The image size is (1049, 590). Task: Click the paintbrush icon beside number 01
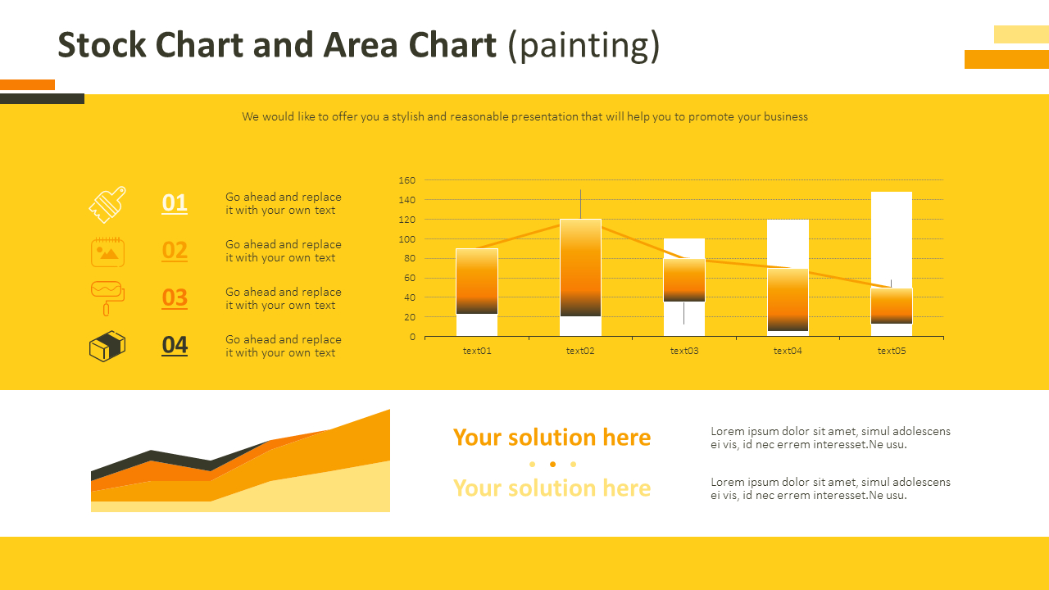pyautogui.click(x=107, y=205)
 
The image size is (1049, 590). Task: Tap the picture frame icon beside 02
pyautogui.click(x=107, y=252)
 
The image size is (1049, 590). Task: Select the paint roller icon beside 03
pyautogui.click(x=107, y=298)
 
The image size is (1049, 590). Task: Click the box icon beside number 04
pyautogui.click(x=107, y=346)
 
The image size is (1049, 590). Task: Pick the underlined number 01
pyautogui.click(x=175, y=203)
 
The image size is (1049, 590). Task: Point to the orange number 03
pyautogui.click(x=175, y=297)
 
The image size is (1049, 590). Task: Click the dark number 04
pyautogui.click(x=175, y=345)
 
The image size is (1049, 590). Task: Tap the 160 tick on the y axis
pyautogui.click(x=407, y=180)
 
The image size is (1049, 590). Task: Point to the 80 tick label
pyautogui.click(x=410, y=258)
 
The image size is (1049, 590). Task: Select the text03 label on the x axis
pyautogui.click(x=684, y=351)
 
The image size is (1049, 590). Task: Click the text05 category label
pyautogui.click(x=892, y=351)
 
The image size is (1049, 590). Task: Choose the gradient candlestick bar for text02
pyautogui.click(x=581, y=268)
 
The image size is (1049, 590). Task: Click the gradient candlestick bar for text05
pyautogui.click(x=892, y=306)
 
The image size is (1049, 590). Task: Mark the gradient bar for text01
pyautogui.click(x=477, y=281)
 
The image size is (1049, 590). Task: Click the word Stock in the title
pyautogui.click(x=102, y=45)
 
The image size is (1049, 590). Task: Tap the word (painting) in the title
pyautogui.click(x=584, y=46)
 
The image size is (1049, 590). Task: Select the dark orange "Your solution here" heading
pyautogui.click(x=552, y=438)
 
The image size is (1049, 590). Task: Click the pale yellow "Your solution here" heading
pyautogui.click(x=552, y=488)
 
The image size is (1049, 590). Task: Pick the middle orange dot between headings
pyautogui.click(x=552, y=464)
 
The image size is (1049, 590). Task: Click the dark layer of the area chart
pyautogui.click(x=151, y=456)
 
